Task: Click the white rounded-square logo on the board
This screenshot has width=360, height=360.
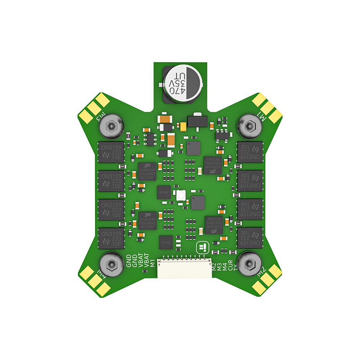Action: (x=202, y=247)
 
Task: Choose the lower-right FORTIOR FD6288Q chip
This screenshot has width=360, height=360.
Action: (x=213, y=225)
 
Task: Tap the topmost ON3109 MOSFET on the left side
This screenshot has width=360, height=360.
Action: (x=111, y=152)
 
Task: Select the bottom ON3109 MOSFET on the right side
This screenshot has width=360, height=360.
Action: (x=250, y=238)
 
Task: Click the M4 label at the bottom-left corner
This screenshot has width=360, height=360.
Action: (x=102, y=273)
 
